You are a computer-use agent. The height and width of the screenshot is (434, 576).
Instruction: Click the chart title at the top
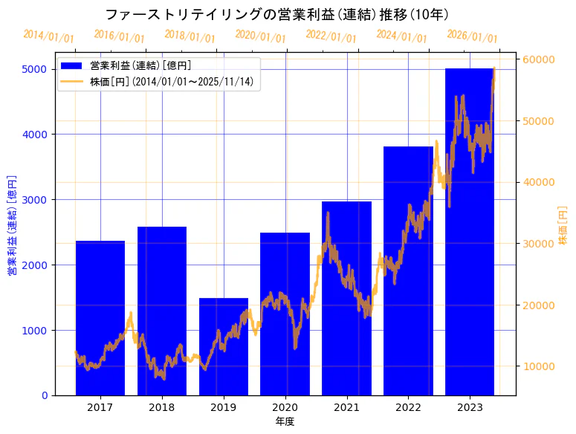tap(276, 14)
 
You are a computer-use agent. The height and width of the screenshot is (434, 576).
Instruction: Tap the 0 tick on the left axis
tap(45, 395)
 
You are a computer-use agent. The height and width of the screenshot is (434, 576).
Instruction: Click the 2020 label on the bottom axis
tap(285, 407)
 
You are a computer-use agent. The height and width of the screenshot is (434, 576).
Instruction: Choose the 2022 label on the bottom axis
tap(408, 407)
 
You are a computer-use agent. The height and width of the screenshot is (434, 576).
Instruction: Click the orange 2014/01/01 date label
tap(48, 36)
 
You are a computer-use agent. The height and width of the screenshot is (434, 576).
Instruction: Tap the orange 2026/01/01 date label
tap(472, 36)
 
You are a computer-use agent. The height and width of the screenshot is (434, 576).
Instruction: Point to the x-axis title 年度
tap(285, 421)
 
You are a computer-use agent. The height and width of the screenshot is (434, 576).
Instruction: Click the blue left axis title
tap(12, 226)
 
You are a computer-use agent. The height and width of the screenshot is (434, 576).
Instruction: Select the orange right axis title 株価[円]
tap(563, 226)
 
